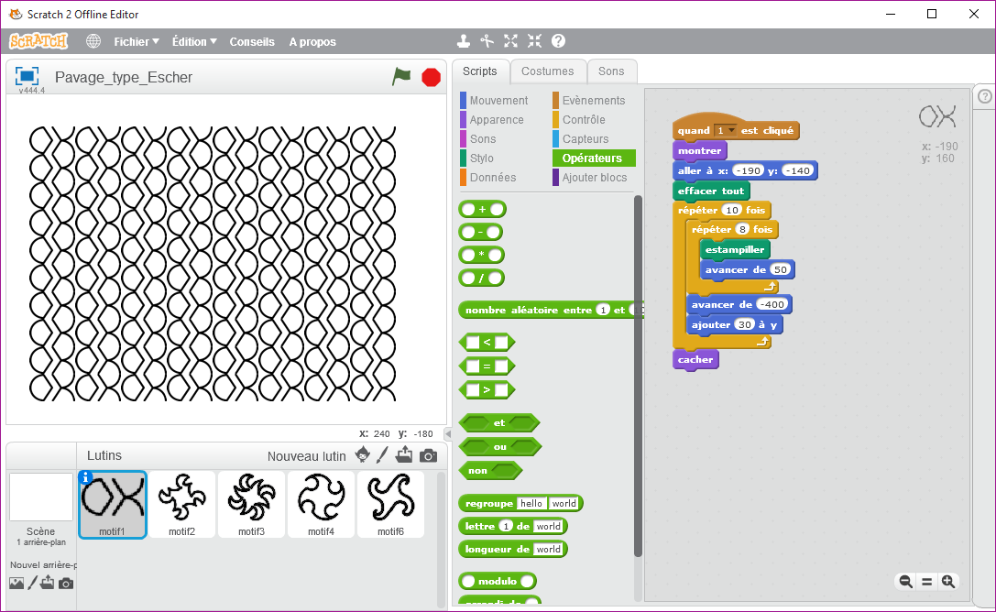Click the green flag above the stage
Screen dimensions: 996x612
pos(401,77)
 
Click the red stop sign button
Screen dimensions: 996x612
pos(432,78)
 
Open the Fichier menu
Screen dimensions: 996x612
pos(136,42)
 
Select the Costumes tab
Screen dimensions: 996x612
pos(548,71)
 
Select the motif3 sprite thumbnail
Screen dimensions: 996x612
pos(252,505)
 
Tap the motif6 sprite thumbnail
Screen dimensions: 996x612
pos(390,505)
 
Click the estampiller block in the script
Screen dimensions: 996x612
pos(735,249)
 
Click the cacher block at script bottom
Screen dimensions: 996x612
pos(695,359)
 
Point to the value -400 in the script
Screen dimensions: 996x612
pos(772,305)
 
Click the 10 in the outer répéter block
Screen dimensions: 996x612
pos(732,210)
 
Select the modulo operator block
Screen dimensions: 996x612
pos(498,581)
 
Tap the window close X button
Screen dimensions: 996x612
pos(974,14)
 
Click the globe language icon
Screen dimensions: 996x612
pos(93,41)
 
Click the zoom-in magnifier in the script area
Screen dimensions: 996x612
pos(948,582)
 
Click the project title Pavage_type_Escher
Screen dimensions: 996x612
pos(123,78)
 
